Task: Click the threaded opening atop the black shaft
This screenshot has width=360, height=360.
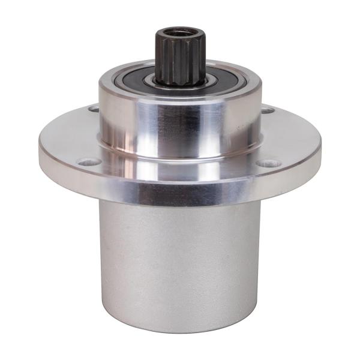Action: pos(179,31)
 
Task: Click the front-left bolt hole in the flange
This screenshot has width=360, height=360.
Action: pos(89,161)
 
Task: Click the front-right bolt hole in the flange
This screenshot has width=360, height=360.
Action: pos(269,163)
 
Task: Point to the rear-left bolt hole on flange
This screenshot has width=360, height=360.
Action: pos(94,109)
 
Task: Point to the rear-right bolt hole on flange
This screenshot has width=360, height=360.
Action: pos(267,110)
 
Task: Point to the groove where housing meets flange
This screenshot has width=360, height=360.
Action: pos(180,157)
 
